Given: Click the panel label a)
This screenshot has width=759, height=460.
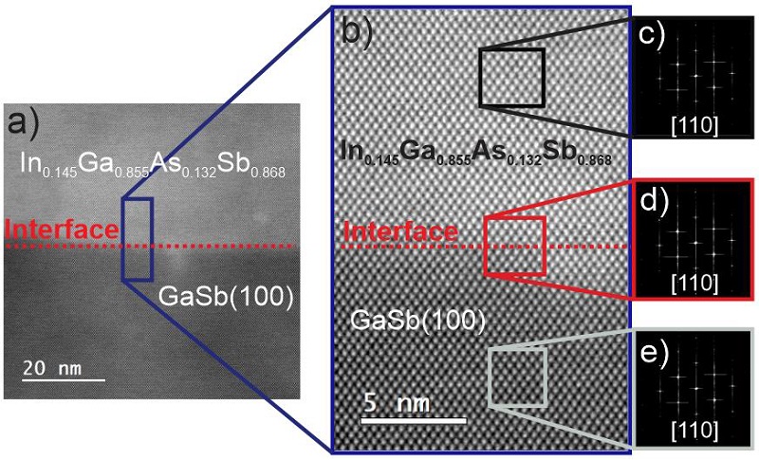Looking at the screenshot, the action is point(22,122).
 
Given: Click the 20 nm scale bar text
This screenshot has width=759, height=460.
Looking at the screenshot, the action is point(59,367).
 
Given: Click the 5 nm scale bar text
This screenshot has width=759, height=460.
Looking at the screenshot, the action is point(398,403).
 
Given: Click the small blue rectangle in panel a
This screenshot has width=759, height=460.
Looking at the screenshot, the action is point(137,239).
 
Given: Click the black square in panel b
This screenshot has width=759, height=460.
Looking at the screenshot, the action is point(511,77).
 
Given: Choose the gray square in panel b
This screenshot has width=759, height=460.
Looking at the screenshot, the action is point(518,377).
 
